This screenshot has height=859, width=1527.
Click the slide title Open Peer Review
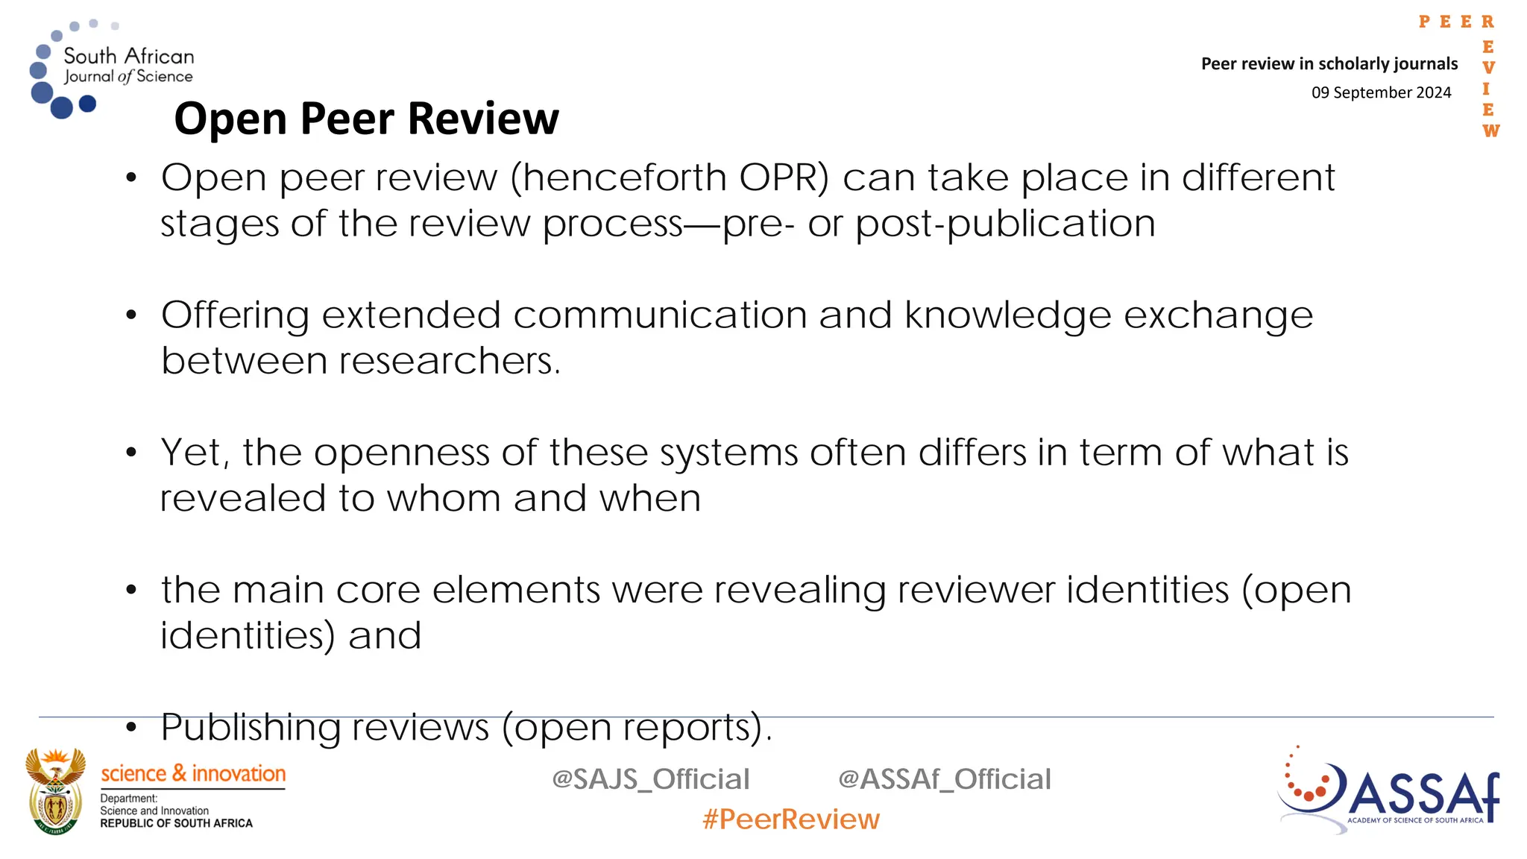(366, 119)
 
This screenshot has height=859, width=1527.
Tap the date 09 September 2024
(1381, 92)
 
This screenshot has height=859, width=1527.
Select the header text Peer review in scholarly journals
(1329, 64)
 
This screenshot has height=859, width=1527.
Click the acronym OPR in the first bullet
(784, 178)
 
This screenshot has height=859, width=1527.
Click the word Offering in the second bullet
(235, 315)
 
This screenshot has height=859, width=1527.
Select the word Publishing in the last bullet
(251, 727)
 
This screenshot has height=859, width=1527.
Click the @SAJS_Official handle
(650, 779)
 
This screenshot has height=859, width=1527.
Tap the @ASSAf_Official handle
(944, 779)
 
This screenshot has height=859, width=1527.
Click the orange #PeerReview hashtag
(790, 819)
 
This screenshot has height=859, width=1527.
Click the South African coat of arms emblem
(55, 791)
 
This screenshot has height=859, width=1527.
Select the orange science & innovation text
(193, 774)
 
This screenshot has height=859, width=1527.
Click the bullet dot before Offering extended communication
(132, 315)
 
